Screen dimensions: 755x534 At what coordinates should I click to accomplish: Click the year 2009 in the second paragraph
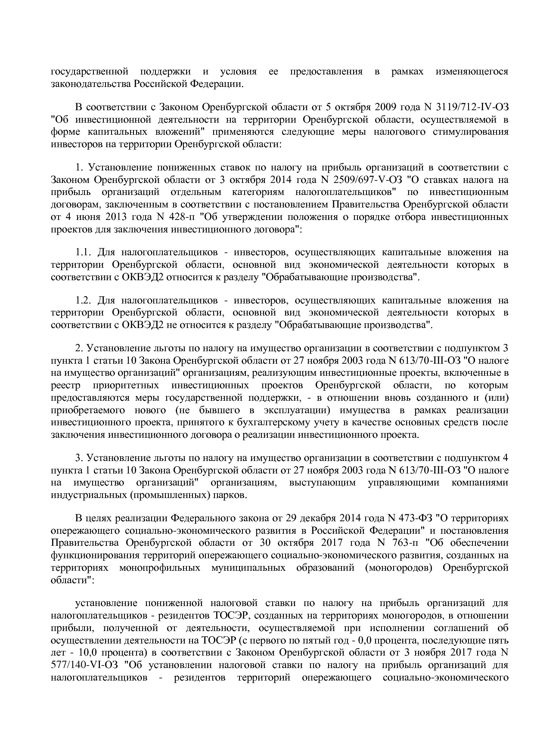[386, 106]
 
